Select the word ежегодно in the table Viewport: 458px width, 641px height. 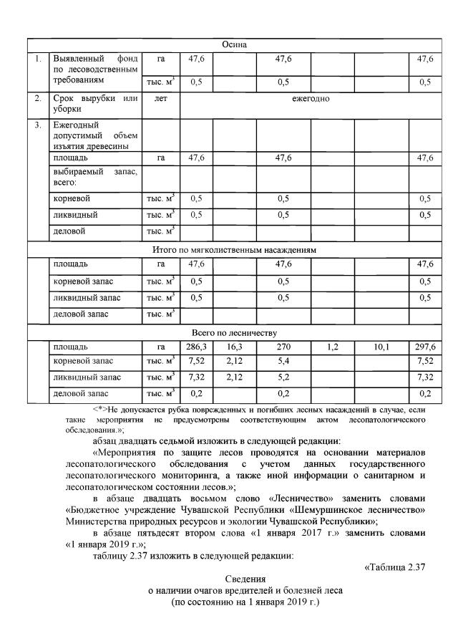[310, 99]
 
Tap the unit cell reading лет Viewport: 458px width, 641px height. [161, 99]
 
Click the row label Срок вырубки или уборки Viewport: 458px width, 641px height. [94, 104]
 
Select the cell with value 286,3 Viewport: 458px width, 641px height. [196, 347]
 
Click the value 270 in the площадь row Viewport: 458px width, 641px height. [283, 347]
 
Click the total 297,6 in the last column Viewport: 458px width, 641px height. [425, 347]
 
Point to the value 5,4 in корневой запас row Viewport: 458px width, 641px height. [283, 361]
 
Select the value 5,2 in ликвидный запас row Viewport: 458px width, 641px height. [283, 377]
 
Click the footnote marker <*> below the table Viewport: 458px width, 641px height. [99, 408]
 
